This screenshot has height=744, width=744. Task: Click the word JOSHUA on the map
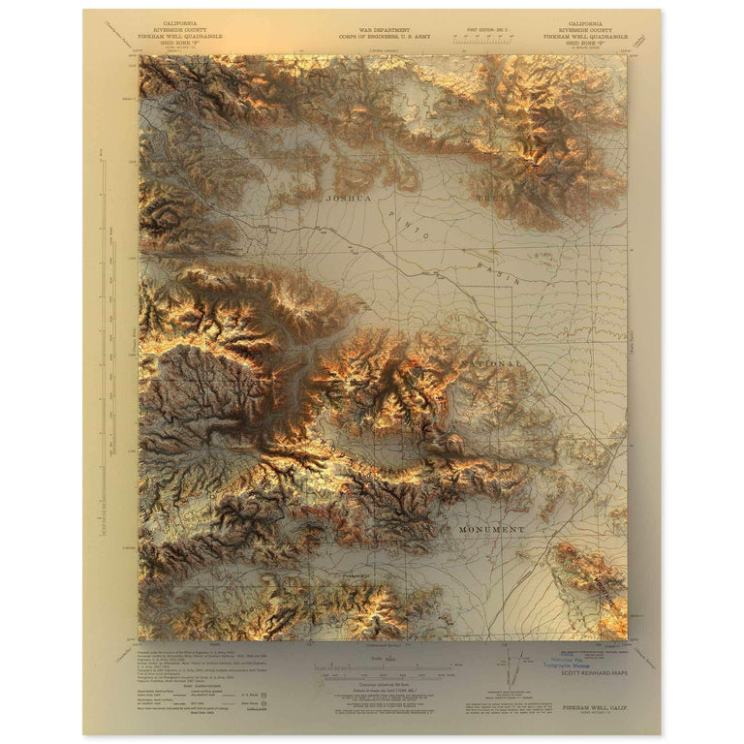click(x=348, y=198)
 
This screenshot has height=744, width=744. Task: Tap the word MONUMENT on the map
click(x=489, y=530)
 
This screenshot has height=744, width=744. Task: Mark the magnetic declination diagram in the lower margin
click(x=511, y=668)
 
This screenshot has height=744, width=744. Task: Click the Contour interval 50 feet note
click(x=371, y=683)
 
